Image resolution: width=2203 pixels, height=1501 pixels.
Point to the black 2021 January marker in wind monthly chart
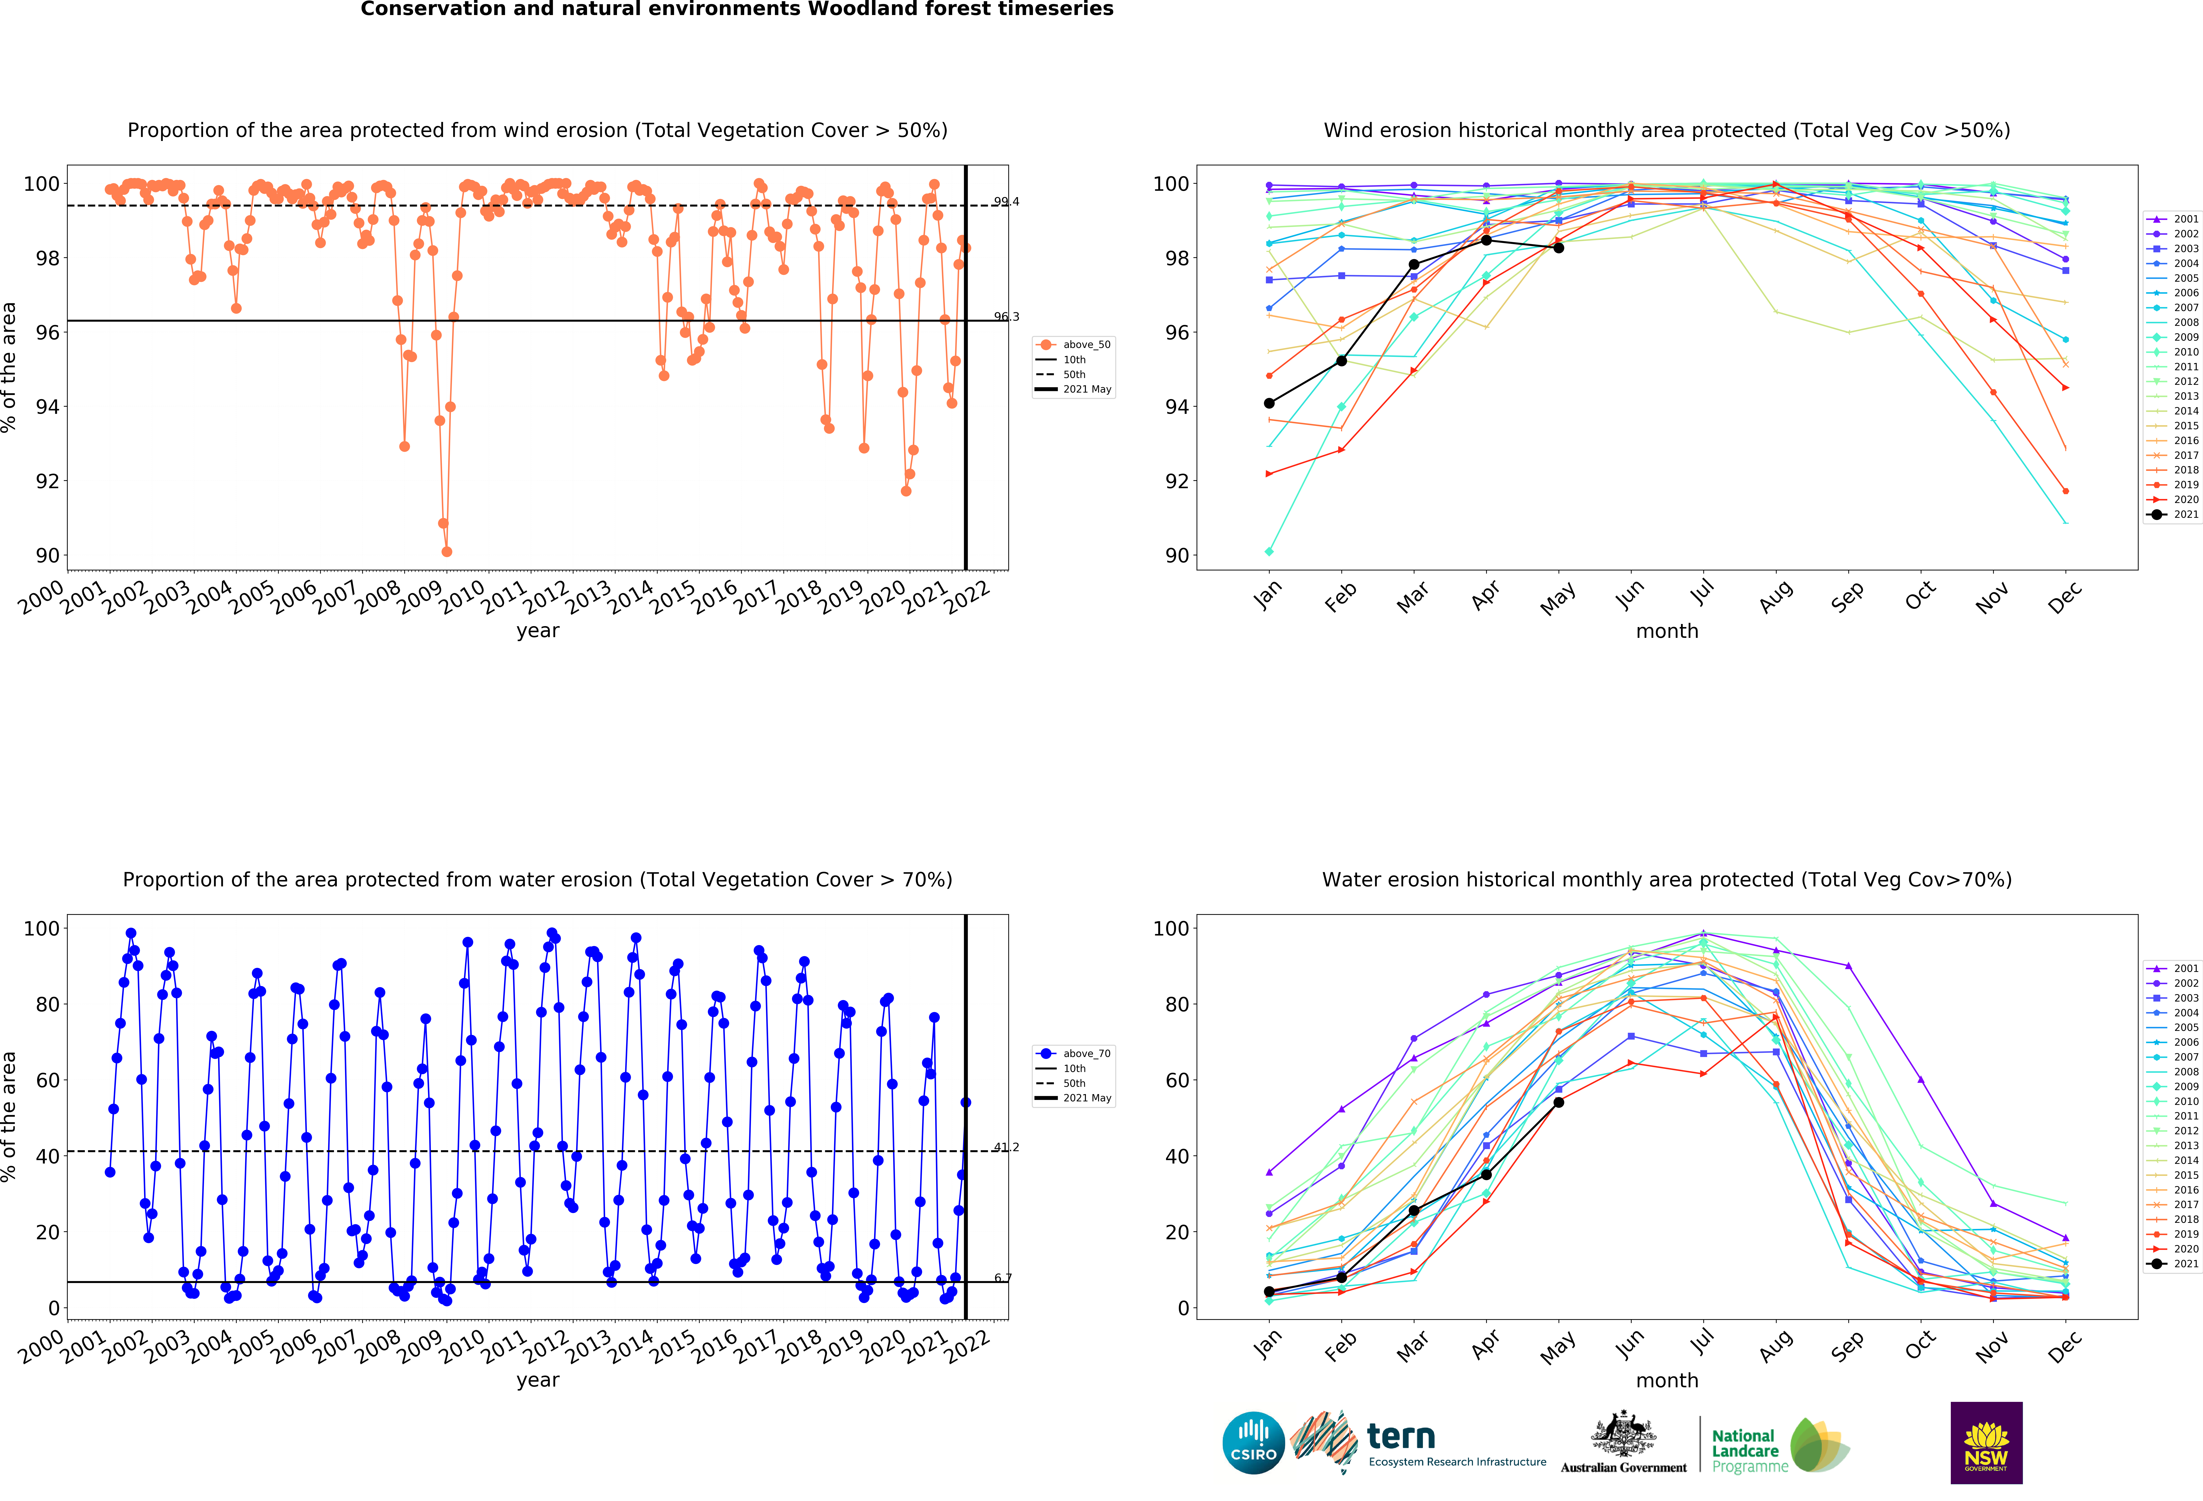pos(1269,404)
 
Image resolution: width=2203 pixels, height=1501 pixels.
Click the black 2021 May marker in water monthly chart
pos(1558,1102)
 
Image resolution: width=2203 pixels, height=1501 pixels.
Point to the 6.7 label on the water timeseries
pos(1003,1278)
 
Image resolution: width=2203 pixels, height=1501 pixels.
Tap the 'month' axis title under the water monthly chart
pos(1667,1381)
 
